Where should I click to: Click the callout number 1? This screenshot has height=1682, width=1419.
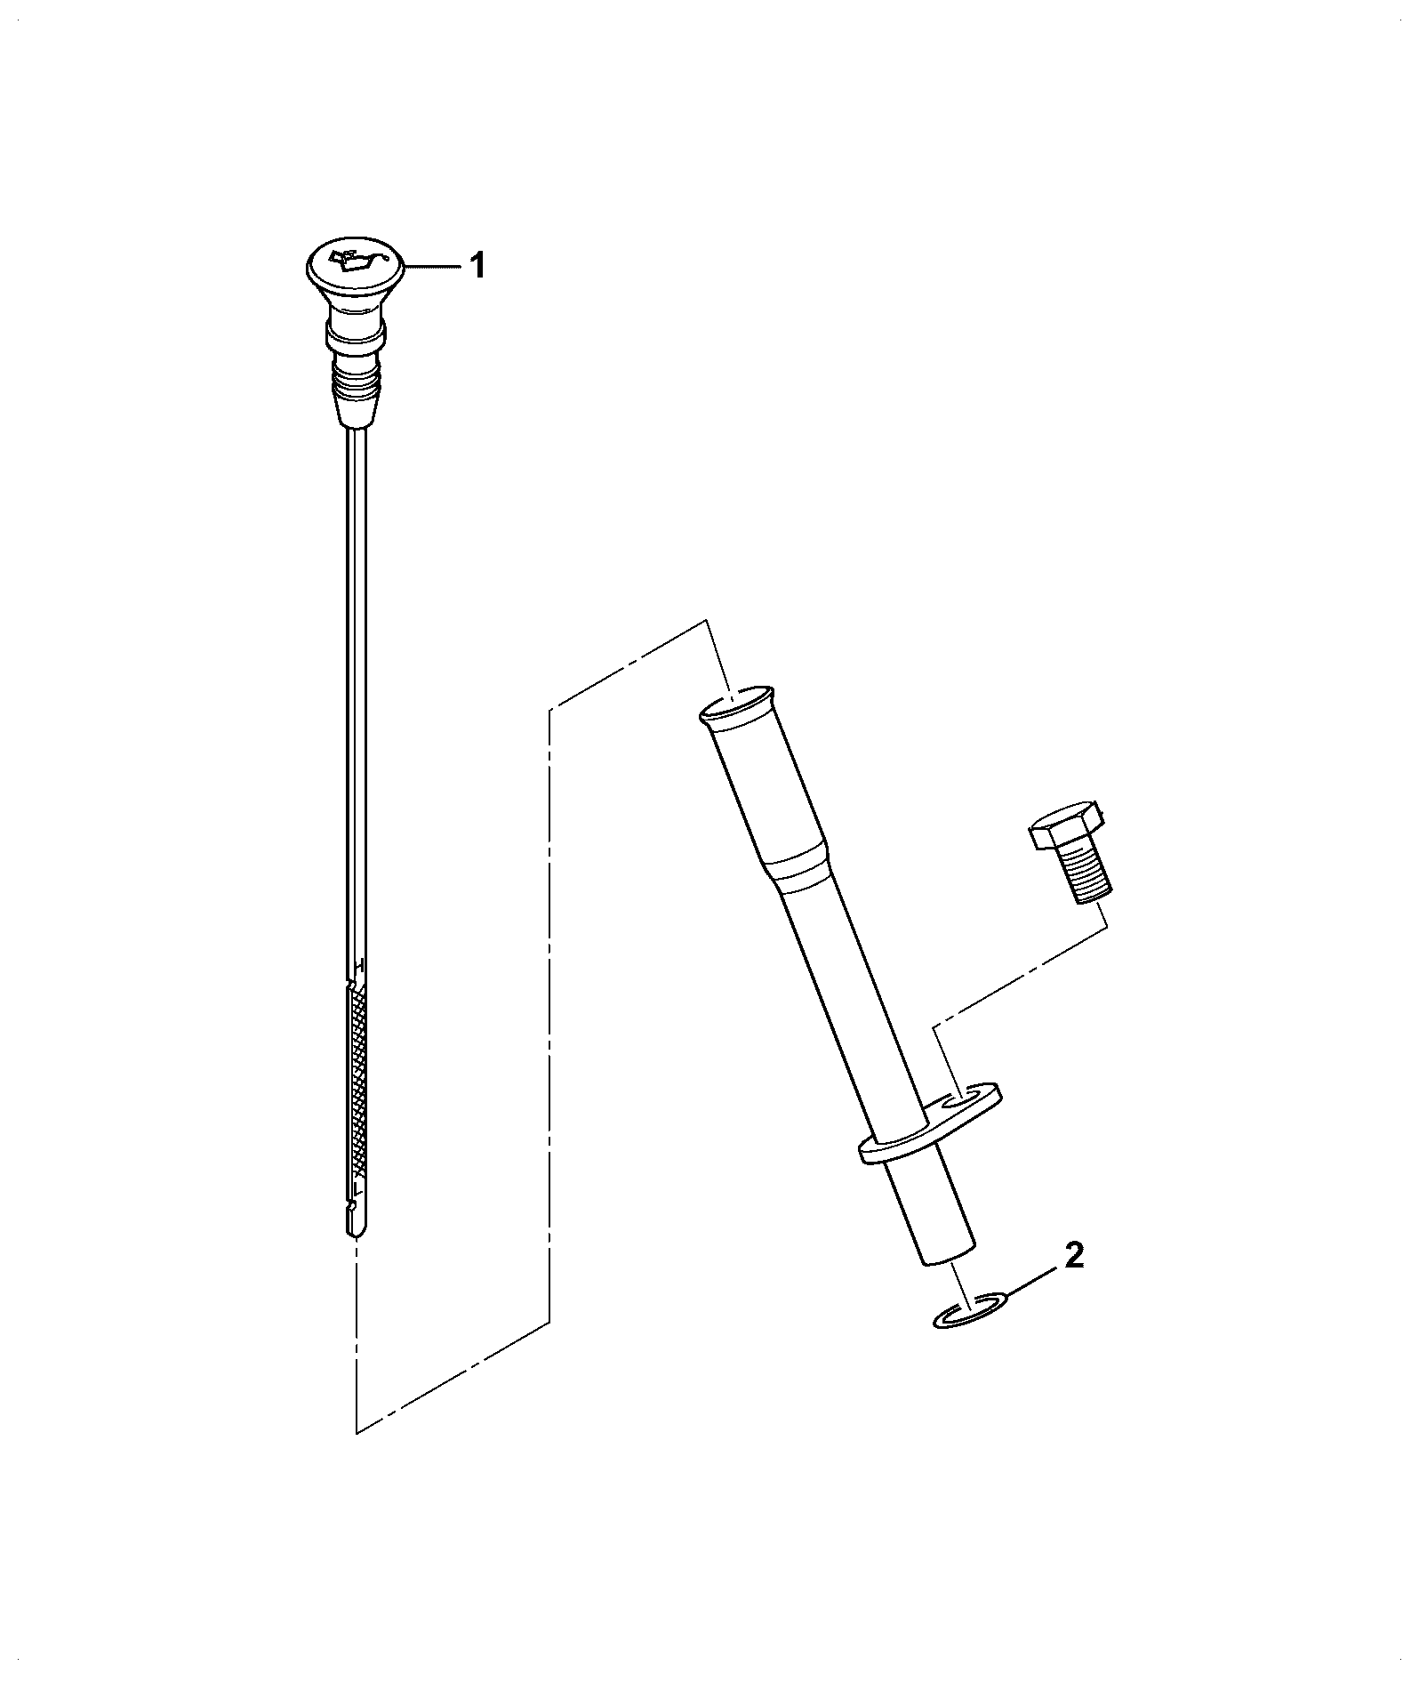coord(477,265)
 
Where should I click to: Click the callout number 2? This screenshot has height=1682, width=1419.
coord(1074,1258)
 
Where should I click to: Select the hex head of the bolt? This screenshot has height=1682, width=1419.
coord(1066,825)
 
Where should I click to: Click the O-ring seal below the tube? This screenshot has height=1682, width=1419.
coord(971,1312)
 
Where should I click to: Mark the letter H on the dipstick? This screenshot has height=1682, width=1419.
coord(359,965)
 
